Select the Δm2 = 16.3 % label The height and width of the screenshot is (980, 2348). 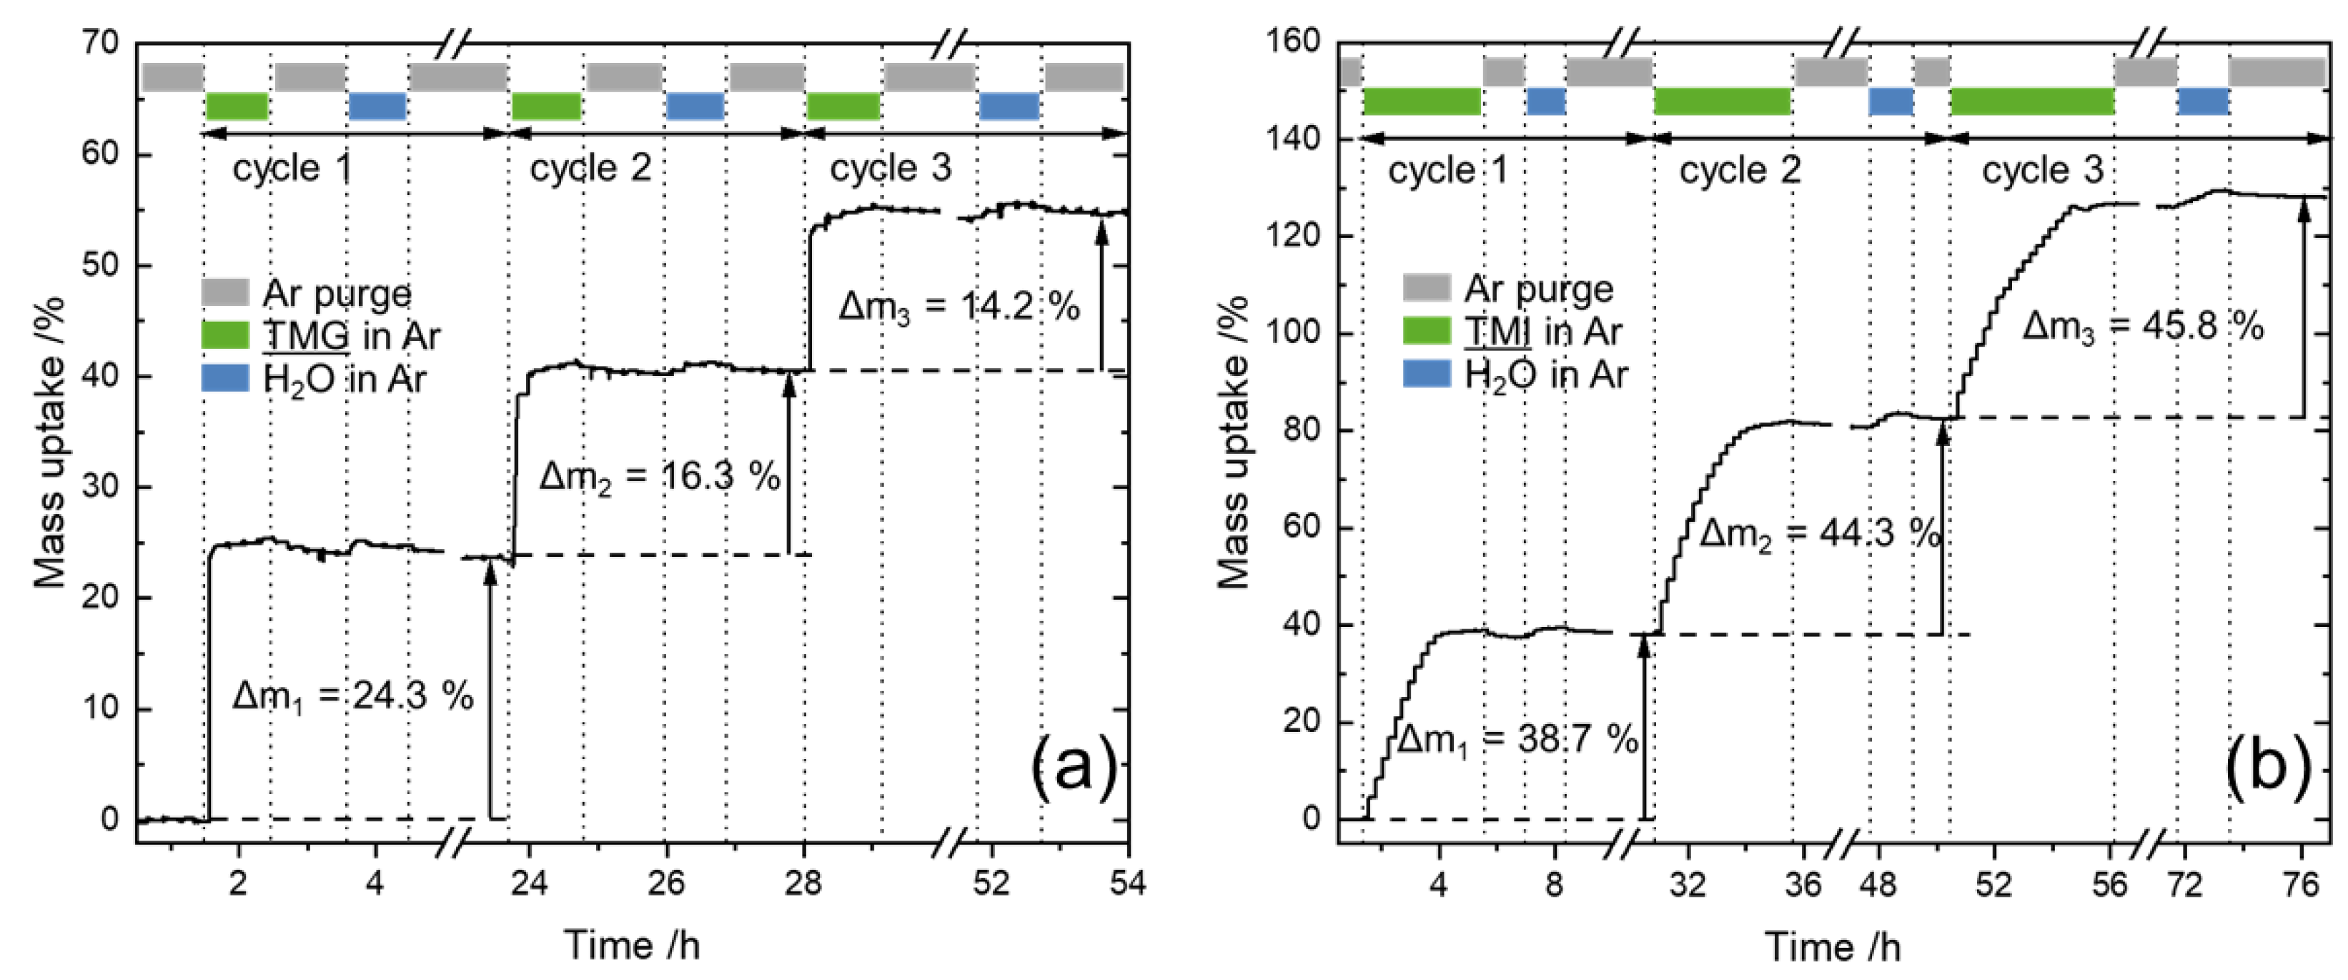point(659,477)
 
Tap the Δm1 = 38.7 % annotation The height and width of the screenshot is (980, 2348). point(1517,739)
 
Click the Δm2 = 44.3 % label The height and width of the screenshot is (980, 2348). point(1819,533)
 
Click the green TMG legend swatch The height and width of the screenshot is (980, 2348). point(225,335)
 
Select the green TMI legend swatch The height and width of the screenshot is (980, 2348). point(1427,331)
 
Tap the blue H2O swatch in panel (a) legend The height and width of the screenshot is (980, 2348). point(225,378)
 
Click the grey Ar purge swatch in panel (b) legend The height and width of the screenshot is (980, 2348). point(1427,288)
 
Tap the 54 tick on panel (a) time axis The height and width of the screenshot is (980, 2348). point(1127,883)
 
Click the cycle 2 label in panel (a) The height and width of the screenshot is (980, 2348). point(590,168)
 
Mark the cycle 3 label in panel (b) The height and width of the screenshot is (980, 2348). point(2043,170)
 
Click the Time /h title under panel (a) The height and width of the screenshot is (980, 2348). point(632,946)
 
